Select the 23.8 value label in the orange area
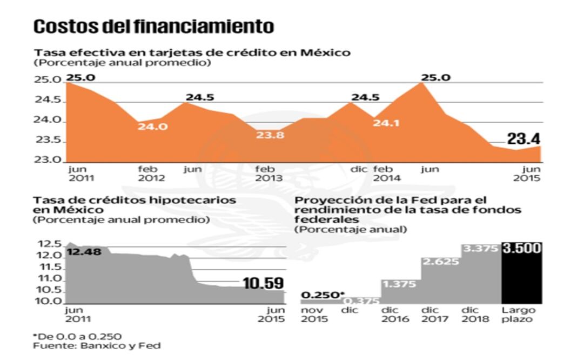point(270,135)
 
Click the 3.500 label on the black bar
point(521,249)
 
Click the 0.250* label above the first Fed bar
point(323,295)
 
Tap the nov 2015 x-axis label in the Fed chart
point(312,315)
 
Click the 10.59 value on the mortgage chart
point(263,283)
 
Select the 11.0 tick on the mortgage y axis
point(47,278)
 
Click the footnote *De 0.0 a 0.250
point(77,336)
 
